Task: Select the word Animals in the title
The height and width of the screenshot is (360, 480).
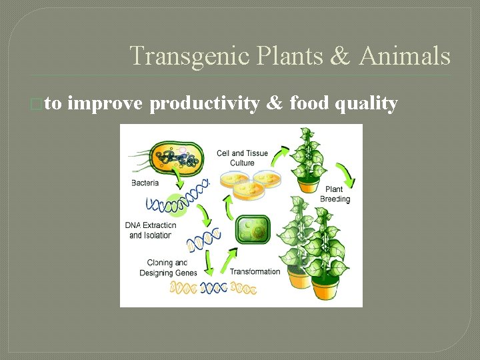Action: [x=405, y=56]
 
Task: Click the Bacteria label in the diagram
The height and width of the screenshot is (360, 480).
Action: [x=145, y=183]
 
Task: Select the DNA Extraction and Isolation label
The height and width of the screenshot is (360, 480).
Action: [x=151, y=230]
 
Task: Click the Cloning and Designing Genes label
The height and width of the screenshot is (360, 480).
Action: [x=168, y=267]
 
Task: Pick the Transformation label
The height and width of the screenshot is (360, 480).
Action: [x=255, y=271]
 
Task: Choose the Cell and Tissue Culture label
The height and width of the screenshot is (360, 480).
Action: [x=242, y=158]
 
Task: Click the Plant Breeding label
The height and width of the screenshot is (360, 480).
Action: [x=335, y=194]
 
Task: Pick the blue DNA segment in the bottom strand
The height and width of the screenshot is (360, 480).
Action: [x=213, y=288]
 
